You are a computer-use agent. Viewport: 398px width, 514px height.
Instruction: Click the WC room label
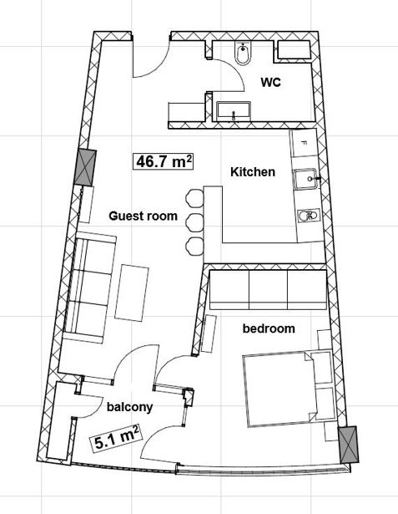tap(270, 82)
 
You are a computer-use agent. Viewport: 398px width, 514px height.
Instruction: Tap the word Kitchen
tap(253, 172)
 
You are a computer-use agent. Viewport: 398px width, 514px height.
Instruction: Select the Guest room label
tap(143, 216)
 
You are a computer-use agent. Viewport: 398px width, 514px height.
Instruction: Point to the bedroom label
tap(269, 328)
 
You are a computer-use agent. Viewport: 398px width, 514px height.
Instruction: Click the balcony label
tap(129, 407)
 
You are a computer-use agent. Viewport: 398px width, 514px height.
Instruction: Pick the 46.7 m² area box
tap(163, 161)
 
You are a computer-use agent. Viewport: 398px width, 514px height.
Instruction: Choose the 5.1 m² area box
tap(117, 438)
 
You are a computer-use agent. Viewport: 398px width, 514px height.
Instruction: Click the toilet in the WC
tap(243, 53)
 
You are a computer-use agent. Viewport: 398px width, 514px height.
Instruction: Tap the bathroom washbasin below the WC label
tap(234, 111)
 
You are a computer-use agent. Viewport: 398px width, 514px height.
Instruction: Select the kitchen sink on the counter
tap(305, 180)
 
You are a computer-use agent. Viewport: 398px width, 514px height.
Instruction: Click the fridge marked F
tap(305, 143)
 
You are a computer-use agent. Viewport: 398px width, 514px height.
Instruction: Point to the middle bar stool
tap(194, 223)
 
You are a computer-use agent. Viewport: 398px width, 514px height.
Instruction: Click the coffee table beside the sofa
tap(132, 293)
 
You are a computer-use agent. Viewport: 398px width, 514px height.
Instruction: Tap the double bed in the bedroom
tap(289, 389)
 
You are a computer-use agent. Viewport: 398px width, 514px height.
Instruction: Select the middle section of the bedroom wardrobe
tap(268, 290)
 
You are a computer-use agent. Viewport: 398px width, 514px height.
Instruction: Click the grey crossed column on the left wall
tap(85, 168)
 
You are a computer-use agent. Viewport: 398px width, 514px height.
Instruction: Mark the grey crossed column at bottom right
tap(348, 444)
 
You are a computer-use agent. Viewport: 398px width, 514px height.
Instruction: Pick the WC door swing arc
tap(234, 70)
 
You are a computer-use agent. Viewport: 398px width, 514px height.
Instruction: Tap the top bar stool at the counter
tap(194, 199)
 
